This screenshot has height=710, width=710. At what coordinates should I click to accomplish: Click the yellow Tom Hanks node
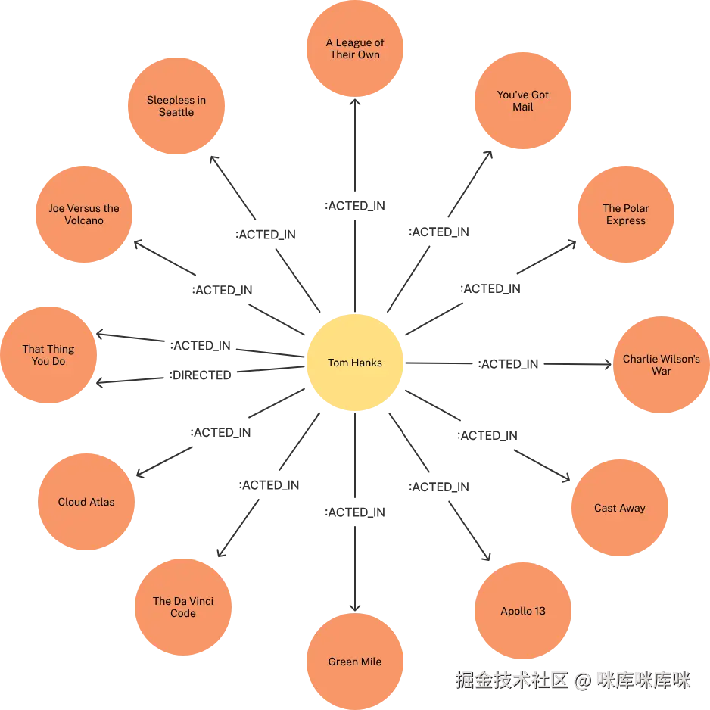pyautogui.click(x=354, y=363)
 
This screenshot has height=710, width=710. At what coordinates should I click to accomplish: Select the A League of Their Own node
pyautogui.click(x=354, y=48)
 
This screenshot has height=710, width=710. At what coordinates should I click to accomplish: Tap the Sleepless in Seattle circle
pyautogui.click(x=176, y=106)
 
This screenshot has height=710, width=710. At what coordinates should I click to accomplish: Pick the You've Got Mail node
pyautogui.click(x=522, y=101)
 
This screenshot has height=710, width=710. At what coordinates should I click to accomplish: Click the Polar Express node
pyautogui.click(x=625, y=214)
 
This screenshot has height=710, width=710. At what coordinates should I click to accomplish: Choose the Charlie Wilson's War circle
pyautogui.click(x=661, y=365)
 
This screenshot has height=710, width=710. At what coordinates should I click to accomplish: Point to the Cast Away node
pyautogui.click(x=619, y=508)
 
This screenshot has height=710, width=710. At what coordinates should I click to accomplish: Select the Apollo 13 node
pyautogui.click(x=522, y=610)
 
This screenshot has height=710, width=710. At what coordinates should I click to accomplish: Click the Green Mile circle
pyautogui.click(x=354, y=661)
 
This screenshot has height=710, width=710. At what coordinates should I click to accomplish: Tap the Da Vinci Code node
pyautogui.click(x=183, y=607)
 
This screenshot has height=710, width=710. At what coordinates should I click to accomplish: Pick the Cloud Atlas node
pyautogui.click(x=86, y=502)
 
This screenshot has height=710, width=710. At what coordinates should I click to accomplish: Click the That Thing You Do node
pyautogui.click(x=48, y=354)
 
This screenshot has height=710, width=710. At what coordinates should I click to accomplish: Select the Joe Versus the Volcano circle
pyautogui.click(x=84, y=214)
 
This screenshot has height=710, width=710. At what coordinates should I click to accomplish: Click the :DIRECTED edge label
pyautogui.click(x=200, y=375)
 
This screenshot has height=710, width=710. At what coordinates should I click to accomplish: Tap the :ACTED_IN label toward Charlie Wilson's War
pyautogui.click(x=508, y=363)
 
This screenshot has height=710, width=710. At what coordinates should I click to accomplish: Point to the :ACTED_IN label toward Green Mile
pyautogui.click(x=354, y=512)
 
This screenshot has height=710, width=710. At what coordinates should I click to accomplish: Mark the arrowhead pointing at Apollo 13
pyautogui.click(x=487, y=556)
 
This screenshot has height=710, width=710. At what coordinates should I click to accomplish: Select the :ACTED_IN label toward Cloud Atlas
pyautogui.click(x=220, y=432)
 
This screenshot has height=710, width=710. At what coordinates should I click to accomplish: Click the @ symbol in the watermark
pyautogui.click(x=583, y=680)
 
